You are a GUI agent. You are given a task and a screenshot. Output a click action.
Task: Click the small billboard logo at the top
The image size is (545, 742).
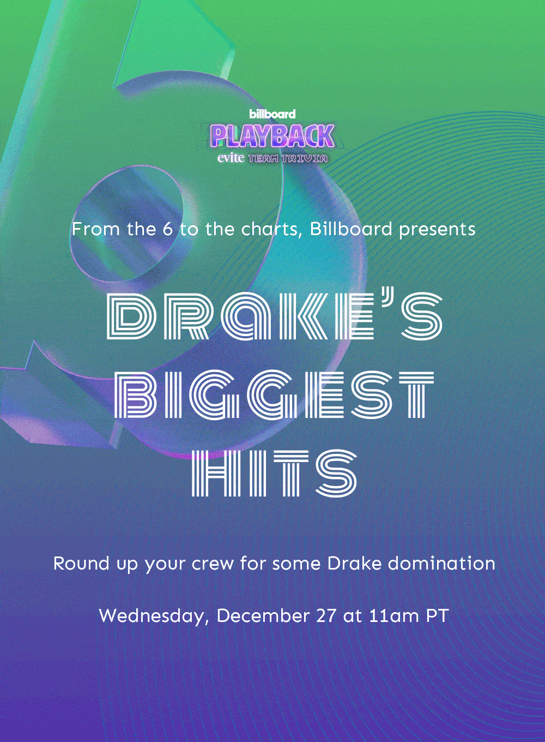coord(272,114)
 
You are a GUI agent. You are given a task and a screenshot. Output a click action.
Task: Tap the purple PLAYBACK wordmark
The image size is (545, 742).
coord(272,136)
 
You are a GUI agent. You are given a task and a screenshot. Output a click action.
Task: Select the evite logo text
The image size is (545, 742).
coord(231,158)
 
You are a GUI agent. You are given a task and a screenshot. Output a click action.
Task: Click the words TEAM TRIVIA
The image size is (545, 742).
coord(288,158)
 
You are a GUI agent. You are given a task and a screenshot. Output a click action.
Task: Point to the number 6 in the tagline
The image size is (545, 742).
coord(168,229)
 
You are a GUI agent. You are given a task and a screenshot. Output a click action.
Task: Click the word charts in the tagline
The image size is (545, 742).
coord(271,229)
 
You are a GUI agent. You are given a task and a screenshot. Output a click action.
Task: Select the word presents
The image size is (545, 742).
coord(437,230)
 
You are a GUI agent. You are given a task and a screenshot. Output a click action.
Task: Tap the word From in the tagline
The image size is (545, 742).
coord(95,229)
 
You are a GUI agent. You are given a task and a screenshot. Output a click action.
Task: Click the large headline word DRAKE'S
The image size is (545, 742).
coord(274,316)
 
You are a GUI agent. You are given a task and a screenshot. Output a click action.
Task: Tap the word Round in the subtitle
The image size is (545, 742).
coord(81,564)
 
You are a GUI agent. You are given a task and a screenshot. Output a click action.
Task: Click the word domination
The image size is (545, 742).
coord(441,564)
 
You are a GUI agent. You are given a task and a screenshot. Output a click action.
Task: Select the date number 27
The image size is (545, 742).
coord(325,616)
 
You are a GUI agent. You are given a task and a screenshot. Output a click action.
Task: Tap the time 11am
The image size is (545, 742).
coord(394,616)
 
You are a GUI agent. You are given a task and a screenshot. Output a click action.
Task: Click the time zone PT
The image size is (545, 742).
coord(437,616)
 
